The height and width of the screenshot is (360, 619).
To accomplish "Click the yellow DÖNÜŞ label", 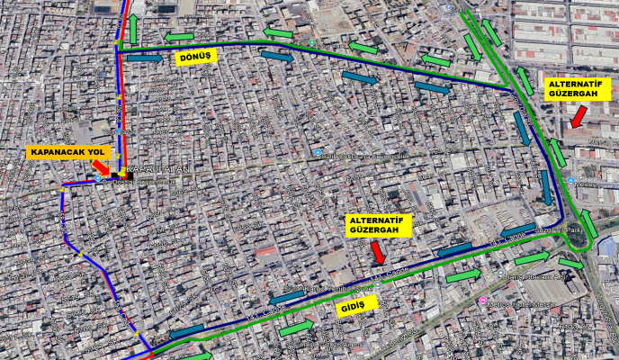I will tap(195, 56).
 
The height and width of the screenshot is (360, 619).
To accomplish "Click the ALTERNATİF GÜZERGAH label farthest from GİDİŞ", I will tap(578, 88).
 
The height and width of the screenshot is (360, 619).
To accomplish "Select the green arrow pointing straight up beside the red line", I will tap(133, 29).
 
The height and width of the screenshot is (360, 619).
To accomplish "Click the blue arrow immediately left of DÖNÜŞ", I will tap(145, 58).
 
